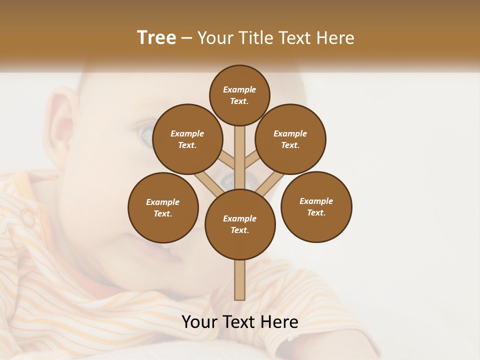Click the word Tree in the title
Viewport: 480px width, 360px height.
[156, 37]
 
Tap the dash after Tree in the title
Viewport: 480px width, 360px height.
[187, 38]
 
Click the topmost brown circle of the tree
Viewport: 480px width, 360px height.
[239, 95]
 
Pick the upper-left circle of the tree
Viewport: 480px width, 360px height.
[187, 139]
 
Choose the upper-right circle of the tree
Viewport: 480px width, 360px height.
[290, 139]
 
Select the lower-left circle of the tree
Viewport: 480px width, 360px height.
[163, 207]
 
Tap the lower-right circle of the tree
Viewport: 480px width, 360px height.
[316, 206]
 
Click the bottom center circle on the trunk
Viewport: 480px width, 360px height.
[240, 224]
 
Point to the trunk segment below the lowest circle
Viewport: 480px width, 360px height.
[240, 280]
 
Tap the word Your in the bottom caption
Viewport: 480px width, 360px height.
[200, 322]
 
